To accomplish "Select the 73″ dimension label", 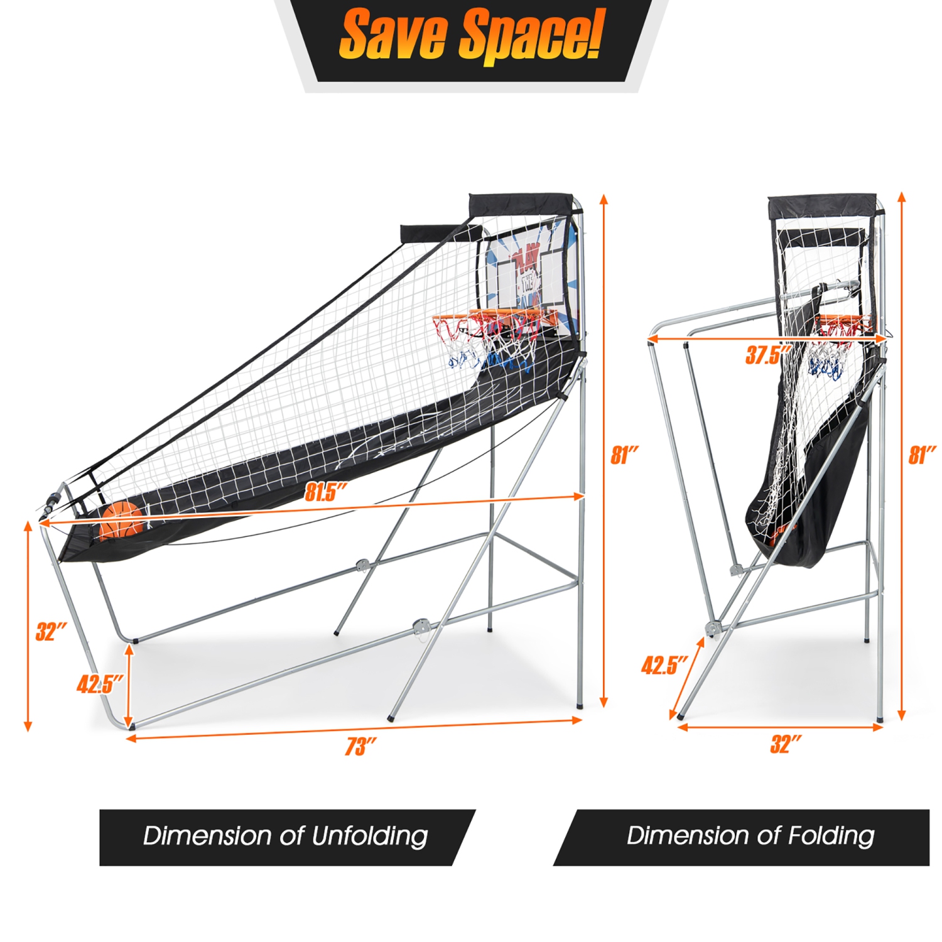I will (x=360, y=746).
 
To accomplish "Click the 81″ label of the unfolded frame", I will (x=625, y=455).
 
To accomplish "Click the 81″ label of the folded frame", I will (x=922, y=455).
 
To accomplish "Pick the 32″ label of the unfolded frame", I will (x=51, y=631).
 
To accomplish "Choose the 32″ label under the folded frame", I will (x=786, y=744).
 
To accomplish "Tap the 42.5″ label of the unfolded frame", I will (x=99, y=683).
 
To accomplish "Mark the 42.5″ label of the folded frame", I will (x=664, y=664).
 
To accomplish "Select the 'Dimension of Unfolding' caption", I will (x=286, y=836).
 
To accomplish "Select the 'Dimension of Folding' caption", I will (x=750, y=836).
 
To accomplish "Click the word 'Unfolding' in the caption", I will (x=370, y=836).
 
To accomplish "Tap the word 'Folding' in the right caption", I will (x=831, y=836).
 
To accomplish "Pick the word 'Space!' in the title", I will (x=531, y=36).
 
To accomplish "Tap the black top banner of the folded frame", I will (x=823, y=206).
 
